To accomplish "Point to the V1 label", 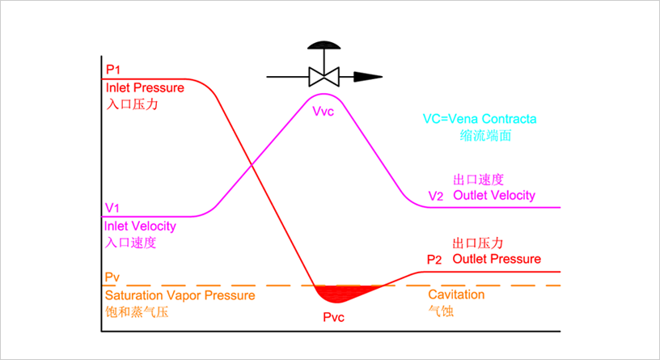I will tap(112, 207).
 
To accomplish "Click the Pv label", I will tap(112, 277).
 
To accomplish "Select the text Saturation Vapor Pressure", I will tap(180, 295).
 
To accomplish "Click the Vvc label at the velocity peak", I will tap(323, 110).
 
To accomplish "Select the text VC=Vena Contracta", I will tap(480, 118).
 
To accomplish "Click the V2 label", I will tap(436, 196).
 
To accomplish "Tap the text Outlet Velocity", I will tap(493, 195).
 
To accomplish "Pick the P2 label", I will tap(435, 260).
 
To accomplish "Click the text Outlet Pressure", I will tap(497, 259).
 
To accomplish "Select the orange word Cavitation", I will tap(456, 294).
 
